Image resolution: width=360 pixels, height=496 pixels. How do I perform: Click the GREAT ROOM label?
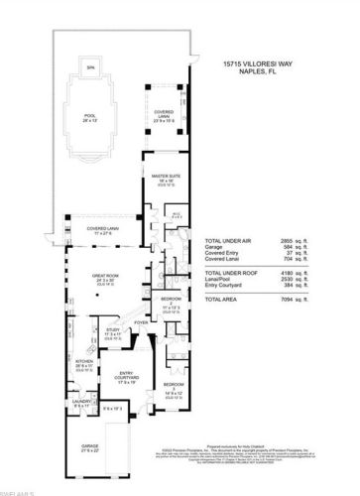(105, 278)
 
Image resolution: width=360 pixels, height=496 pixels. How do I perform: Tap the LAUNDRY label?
(82, 404)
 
